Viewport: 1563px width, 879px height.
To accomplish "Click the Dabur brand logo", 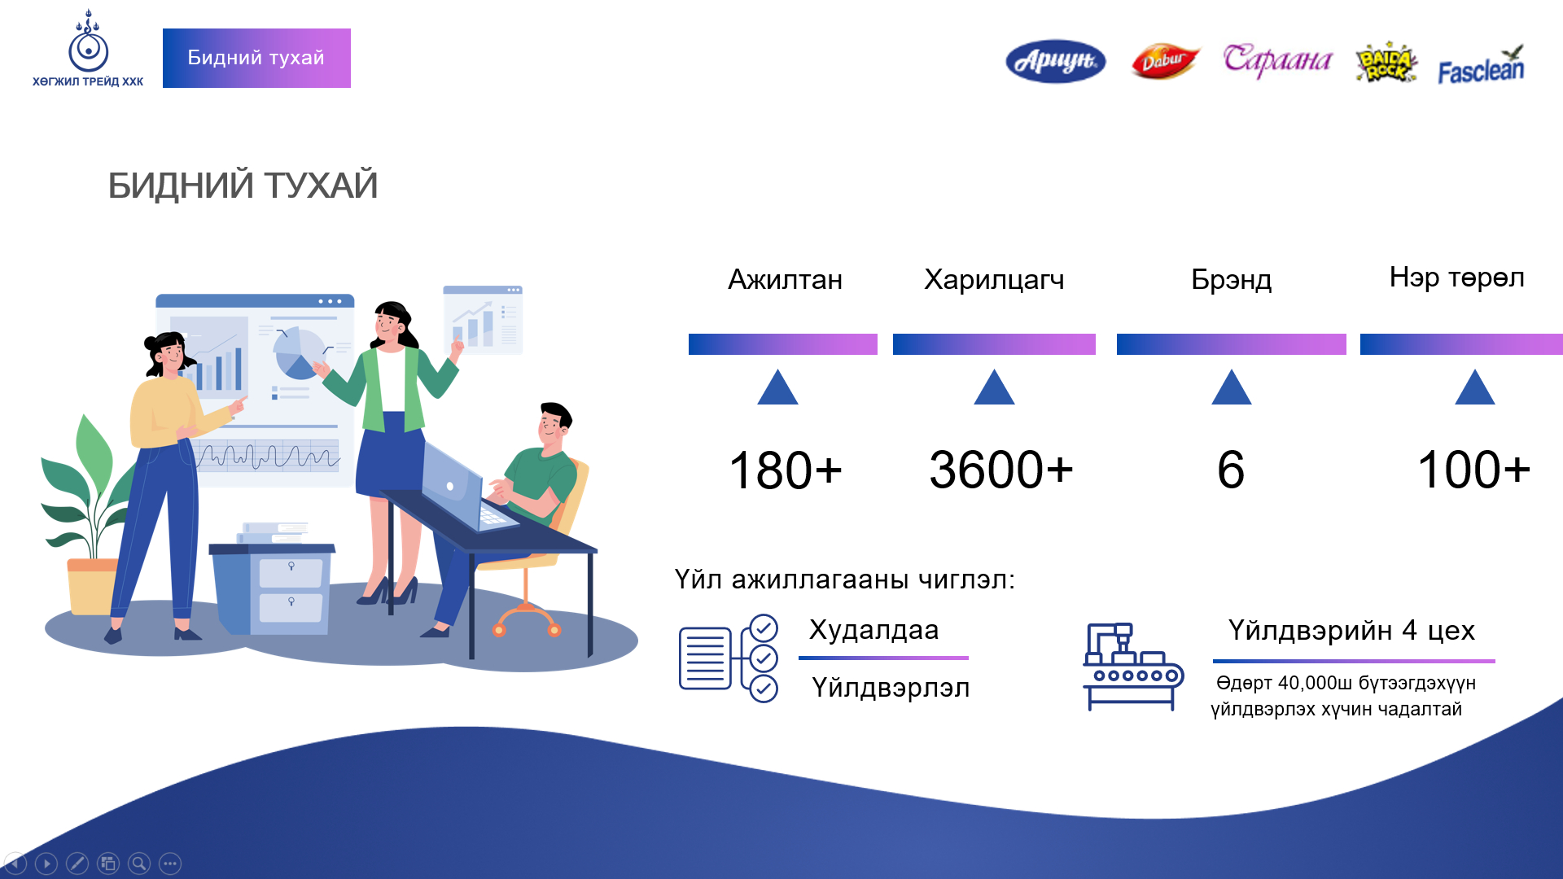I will point(1165,61).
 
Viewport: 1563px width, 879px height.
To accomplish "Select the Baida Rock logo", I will point(1386,63).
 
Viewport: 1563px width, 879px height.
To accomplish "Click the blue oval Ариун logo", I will point(1056,61).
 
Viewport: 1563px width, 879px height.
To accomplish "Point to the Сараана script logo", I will point(1276,60).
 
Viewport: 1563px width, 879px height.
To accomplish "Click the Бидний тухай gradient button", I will point(256,58).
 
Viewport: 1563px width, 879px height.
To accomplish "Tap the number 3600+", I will point(1000,470).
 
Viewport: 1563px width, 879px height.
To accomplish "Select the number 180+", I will point(785,470).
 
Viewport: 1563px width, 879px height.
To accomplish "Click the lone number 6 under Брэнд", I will point(1230,470).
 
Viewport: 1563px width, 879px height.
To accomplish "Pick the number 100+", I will point(1473,470).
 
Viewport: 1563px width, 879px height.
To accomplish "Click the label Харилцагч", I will point(994,279).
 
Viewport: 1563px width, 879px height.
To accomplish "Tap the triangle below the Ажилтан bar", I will point(777,388).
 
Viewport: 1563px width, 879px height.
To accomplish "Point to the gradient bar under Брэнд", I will point(1231,344).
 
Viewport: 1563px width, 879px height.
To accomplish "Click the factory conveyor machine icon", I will point(1132,667).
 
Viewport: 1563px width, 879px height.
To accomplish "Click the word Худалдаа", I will point(873,630).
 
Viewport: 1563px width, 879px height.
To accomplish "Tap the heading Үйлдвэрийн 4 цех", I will point(1351,630).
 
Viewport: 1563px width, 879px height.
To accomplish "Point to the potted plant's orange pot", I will point(91,586).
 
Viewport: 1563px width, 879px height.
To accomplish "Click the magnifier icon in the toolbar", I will point(139,864).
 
